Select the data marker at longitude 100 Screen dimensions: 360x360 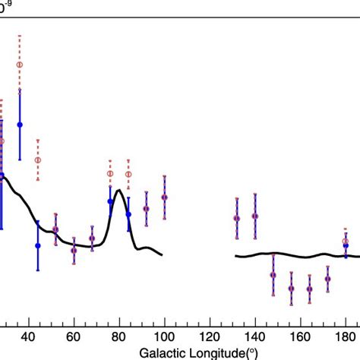pyautogui.click(x=165, y=197)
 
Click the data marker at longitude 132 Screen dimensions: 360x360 pyautogui.click(x=237, y=218)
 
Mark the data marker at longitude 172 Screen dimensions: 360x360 pyautogui.click(x=328, y=279)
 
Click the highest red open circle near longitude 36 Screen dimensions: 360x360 pyautogui.click(x=20, y=65)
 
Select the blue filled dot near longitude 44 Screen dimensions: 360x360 pyautogui.click(x=38, y=245)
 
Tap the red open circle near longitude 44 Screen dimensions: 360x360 pyautogui.click(x=38, y=159)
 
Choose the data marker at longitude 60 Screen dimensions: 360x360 pyautogui.click(x=74, y=249)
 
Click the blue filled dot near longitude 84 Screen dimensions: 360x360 pyautogui.click(x=128, y=214)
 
